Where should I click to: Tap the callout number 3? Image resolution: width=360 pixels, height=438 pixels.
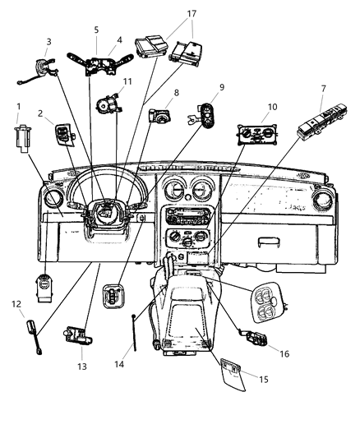coord(48,42)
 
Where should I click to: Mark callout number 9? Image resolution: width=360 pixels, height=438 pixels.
coord(220,88)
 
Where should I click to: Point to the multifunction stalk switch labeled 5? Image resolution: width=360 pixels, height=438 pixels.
coord(105,65)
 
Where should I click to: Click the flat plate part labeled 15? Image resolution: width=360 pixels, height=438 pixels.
coord(228,380)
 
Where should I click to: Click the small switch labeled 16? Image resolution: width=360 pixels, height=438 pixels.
coord(252,337)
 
